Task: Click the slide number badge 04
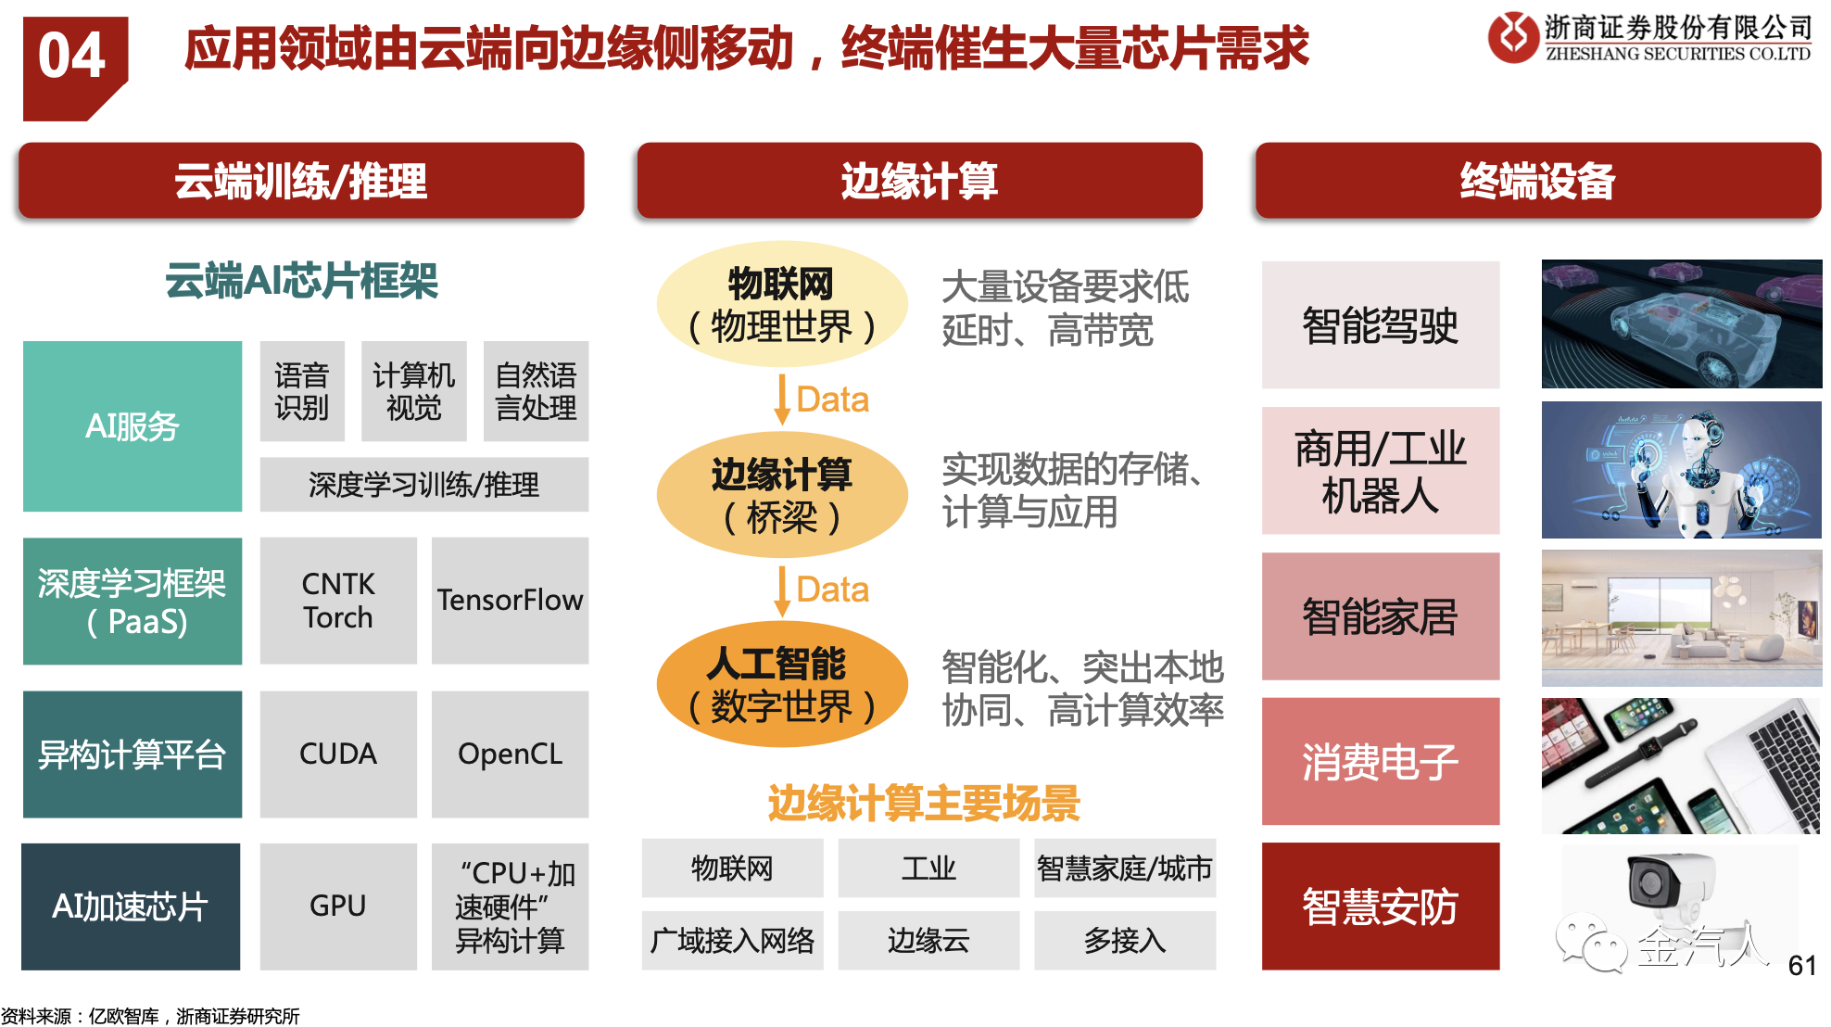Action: pyautogui.click(x=73, y=67)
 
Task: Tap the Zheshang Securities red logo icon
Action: pyautogui.click(x=1513, y=37)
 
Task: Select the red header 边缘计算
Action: pyautogui.click(x=919, y=181)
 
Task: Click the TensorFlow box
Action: pyautogui.click(x=510, y=601)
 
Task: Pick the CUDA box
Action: pyautogui.click(x=338, y=754)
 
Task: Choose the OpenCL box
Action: pyautogui.click(x=510, y=754)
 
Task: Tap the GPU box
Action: pyautogui.click(x=338, y=906)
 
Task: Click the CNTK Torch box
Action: pyautogui.click(x=338, y=601)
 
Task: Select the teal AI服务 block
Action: pyautogui.click(x=133, y=426)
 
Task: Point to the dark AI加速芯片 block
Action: pyautogui.click(x=131, y=907)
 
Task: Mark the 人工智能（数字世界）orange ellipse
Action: pyautogui.click(x=781, y=684)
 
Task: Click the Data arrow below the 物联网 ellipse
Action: pyautogui.click(x=782, y=399)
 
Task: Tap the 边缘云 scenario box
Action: pyautogui.click(x=928, y=941)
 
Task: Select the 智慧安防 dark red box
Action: pyautogui.click(x=1381, y=907)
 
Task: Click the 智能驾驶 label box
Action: pyautogui.click(x=1381, y=325)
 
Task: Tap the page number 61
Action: pyautogui.click(x=1802, y=966)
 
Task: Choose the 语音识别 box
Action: pyautogui.click(x=302, y=391)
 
